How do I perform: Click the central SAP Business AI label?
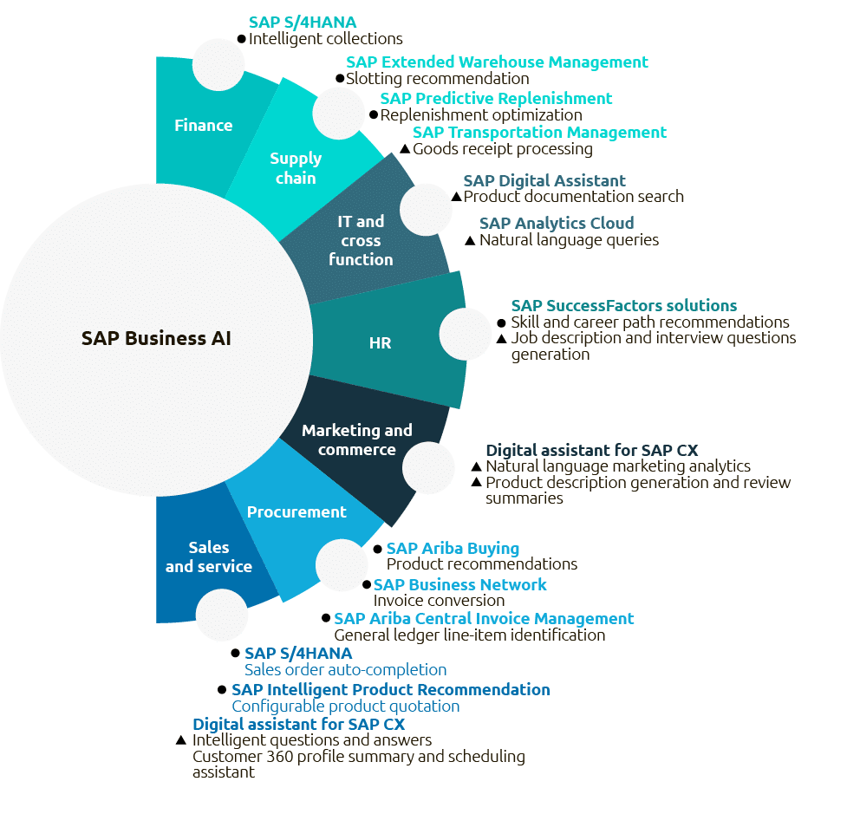pos(156,338)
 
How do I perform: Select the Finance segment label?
pos(204,125)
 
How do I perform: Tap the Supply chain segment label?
pos(296,168)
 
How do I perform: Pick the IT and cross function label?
pos(361,240)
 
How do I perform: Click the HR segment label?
pos(380,343)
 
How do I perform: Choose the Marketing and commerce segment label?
pos(356,440)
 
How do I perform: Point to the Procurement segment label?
pos(296,511)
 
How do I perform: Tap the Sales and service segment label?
pos(209,557)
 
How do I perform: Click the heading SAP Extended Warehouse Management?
pos(497,62)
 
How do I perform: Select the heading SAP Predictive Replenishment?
pos(496,98)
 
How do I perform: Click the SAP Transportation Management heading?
pos(539,132)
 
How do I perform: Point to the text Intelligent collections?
pos(325,39)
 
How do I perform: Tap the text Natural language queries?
pos(569,240)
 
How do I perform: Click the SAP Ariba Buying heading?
pos(453,548)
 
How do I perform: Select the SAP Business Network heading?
pos(459,584)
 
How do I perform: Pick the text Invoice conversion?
pos(439,601)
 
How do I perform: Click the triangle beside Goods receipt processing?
pos(404,149)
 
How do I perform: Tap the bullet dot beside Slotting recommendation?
pos(340,79)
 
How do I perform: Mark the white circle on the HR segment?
pos(466,334)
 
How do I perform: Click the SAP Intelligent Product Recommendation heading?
pos(390,689)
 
